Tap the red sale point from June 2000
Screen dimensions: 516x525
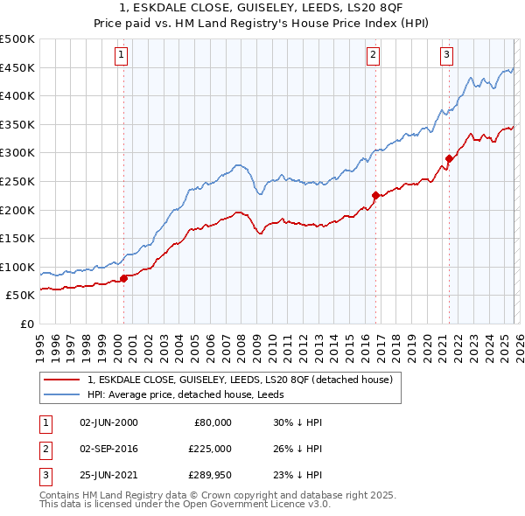[x=123, y=278]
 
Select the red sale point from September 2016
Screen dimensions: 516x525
[x=375, y=196]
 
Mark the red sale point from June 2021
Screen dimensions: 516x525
[x=449, y=158]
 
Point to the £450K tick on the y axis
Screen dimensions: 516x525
[x=17, y=67]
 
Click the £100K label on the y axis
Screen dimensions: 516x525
[x=17, y=267]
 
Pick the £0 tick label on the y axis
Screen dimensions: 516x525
[x=26, y=324]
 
